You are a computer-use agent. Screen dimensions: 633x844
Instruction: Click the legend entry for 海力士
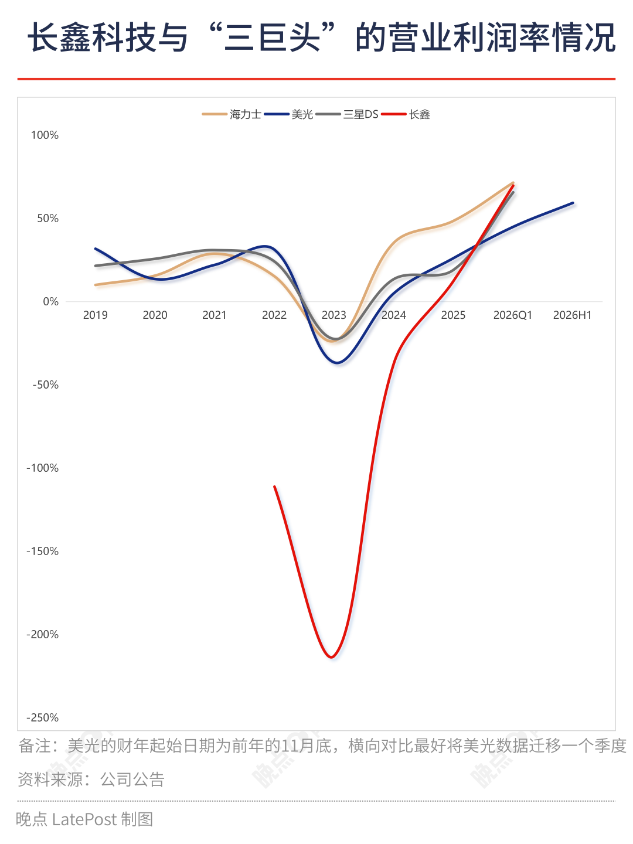tap(232, 114)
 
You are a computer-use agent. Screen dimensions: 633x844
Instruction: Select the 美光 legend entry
tap(288, 114)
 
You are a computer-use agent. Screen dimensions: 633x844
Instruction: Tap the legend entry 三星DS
tap(346, 114)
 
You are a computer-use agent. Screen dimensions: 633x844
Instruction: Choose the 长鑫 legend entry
tap(405, 114)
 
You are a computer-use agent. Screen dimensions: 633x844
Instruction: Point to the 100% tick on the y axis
tap(45, 135)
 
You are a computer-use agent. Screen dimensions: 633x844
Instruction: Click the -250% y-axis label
tap(42, 717)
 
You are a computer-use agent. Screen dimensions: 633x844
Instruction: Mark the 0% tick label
tap(50, 301)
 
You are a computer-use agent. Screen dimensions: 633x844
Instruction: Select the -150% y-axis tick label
tap(42, 551)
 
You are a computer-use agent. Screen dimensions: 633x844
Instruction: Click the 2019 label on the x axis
tap(96, 315)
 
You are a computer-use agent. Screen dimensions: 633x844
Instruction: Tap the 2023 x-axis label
tap(333, 315)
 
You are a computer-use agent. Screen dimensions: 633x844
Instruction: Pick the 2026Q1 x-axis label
tap(513, 315)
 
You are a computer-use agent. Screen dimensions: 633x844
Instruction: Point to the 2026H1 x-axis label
tap(572, 315)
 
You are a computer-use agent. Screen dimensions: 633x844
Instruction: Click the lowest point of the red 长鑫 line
tap(331, 657)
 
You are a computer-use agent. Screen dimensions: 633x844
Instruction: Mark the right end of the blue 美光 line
tap(573, 203)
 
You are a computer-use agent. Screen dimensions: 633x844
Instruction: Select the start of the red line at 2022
tap(274, 487)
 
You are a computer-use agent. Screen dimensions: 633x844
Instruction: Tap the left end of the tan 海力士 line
tap(96, 285)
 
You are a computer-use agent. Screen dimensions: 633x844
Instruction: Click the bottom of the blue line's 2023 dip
tap(337, 363)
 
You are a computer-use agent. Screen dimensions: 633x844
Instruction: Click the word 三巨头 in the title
tap(272, 38)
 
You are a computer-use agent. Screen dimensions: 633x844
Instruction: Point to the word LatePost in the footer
tap(84, 820)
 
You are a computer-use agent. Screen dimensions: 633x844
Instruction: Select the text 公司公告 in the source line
tap(132, 780)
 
